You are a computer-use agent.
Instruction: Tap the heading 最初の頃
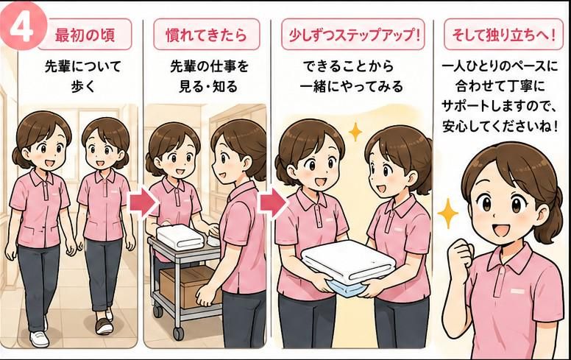(85, 35)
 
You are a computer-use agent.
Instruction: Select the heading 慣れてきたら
(207, 35)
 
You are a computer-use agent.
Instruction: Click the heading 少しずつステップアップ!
(352, 35)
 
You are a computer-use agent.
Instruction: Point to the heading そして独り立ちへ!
(503, 35)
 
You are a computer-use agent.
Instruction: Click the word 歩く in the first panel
(82, 87)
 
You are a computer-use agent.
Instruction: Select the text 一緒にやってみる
(352, 87)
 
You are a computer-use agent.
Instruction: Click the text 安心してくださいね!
(500, 126)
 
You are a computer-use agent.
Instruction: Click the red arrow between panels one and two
(143, 203)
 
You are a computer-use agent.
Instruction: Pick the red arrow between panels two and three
(272, 203)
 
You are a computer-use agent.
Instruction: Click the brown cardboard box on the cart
(188, 286)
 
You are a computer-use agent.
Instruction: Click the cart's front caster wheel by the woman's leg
(179, 333)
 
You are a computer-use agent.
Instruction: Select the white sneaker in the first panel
(39, 339)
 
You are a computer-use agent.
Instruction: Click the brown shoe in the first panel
(104, 325)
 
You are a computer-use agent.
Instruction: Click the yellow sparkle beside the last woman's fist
(447, 214)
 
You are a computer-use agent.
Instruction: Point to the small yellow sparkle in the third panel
(355, 132)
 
